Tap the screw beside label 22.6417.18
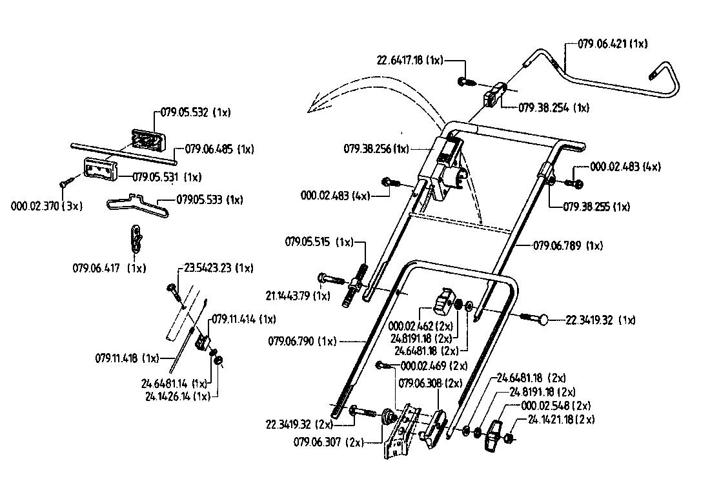pos(465,81)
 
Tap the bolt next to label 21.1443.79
pos(330,280)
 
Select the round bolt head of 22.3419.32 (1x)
pos(543,318)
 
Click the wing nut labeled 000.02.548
pos(494,429)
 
